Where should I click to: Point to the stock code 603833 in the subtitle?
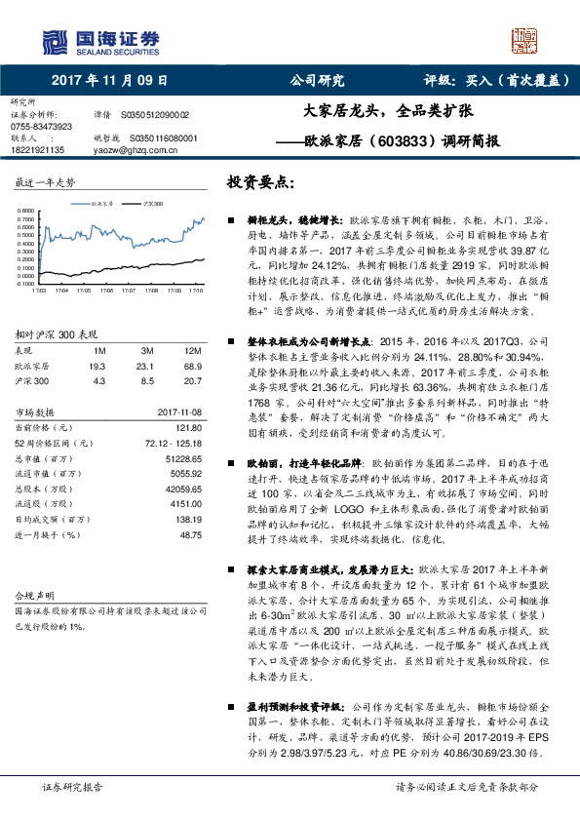click(x=400, y=141)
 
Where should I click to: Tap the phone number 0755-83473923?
click(x=42, y=127)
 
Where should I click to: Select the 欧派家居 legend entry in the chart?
click(x=101, y=205)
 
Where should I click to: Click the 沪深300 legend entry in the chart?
click(x=151, y=205)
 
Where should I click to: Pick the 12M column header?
click(x=192, y=349)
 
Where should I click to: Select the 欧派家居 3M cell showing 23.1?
click(x=147, y=364)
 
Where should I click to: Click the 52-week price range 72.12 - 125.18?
click(x=174, y=444)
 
